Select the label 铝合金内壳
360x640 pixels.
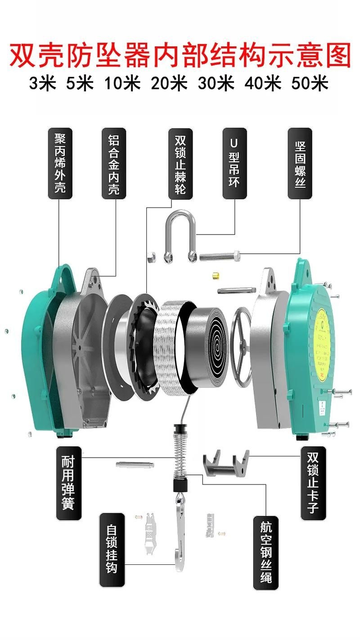pyautogui.click(x=114, y=163)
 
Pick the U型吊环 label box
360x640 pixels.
pyautogui.click(x=234, y=163)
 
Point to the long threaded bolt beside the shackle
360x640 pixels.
pyautogui.click(x=220, y=257)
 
